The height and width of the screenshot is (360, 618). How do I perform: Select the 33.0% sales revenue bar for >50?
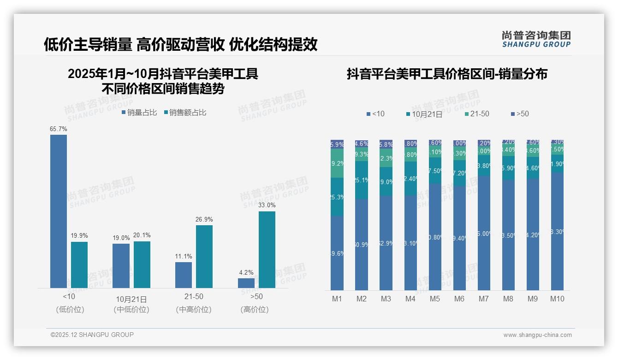(267, 250)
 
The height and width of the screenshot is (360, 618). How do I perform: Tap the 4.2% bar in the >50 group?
(246, 283)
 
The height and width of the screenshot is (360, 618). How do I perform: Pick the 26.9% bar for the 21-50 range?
(204, 257)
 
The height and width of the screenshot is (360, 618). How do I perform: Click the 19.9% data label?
(79, 235)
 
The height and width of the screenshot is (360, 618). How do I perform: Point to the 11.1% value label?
(184, 256)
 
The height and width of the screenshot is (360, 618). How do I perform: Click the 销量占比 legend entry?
(139, 112)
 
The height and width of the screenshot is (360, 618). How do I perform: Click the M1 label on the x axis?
(337, 299)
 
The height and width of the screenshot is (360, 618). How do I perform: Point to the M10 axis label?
(557, 299)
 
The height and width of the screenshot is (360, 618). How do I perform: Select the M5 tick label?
(435, 299)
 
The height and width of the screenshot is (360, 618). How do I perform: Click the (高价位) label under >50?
(254, 310)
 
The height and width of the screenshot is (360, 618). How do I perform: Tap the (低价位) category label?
(70, 310)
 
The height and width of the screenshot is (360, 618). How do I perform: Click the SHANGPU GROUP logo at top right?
(536, 39)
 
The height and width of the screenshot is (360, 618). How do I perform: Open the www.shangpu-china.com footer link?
(537, 335)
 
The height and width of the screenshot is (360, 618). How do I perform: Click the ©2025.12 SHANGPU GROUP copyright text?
(92, 335)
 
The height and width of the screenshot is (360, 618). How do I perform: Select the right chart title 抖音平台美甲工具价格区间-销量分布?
(447, 74)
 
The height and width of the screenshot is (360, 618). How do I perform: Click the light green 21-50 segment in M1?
(337, 163)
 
